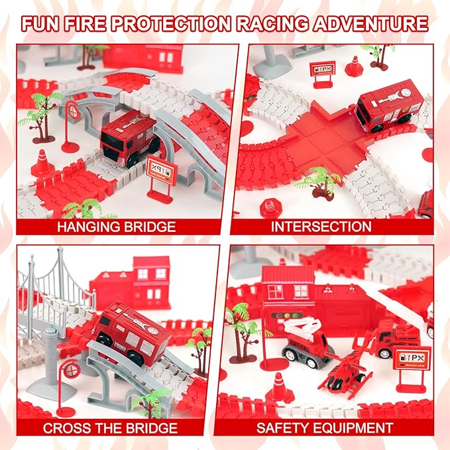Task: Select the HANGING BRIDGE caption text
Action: (x=116, y=227)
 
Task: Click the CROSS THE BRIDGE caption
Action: (x=110, y=427)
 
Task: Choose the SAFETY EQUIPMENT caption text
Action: (x=325, y=427)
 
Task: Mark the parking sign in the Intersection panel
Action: (x=321, y=72)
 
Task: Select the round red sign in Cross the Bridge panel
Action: (x=52, y=368)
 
